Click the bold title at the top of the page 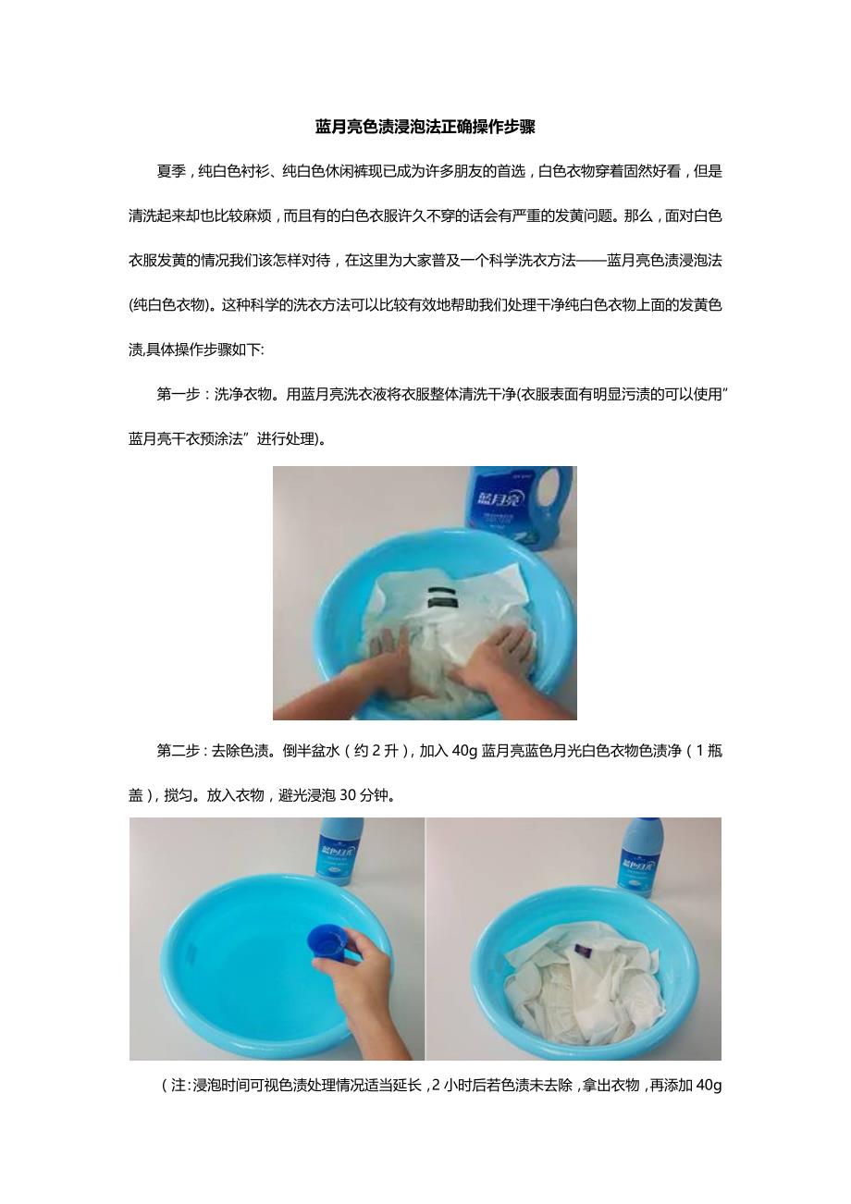pos(425,128)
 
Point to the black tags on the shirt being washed pos(442,596)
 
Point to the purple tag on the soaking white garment pos(580,948)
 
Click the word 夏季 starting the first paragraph pos(171,171)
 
